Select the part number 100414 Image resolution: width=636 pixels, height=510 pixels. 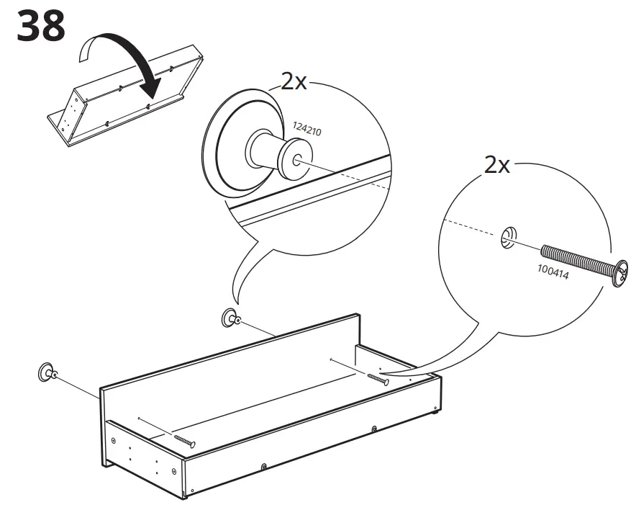(x=553, y=272)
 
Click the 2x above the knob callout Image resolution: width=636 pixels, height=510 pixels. (x=294, y=81)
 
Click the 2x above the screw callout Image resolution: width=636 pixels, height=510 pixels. (x=496, y=166)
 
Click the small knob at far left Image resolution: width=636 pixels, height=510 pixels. (x=47, y=372)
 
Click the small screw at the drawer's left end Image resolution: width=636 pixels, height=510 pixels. (x=184, y=441)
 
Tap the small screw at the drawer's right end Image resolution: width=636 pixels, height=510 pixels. (x=378, y=378)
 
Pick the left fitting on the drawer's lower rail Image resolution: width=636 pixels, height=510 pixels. (x=265, y=466)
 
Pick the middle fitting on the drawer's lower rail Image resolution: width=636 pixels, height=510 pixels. (x=374, y=430)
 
